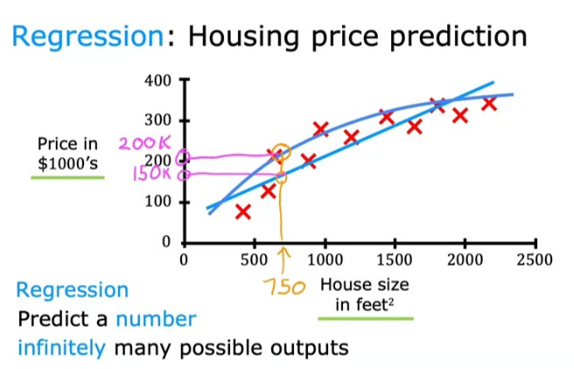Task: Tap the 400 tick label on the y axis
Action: click(x=159, y=82)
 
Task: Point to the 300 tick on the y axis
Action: click(x=159, y=121)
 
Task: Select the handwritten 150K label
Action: click(x=152, y=173)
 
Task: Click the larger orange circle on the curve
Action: click(x=281, y=153)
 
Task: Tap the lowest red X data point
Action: click(x=243, y=211)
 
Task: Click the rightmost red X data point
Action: click(x=489, y=104)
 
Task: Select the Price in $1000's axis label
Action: click(x=67, y=152)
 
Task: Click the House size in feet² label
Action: click(x=364, y=294)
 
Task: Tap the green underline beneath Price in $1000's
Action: click(x=67, y=178)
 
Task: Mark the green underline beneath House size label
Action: click(x=365, y=318)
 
